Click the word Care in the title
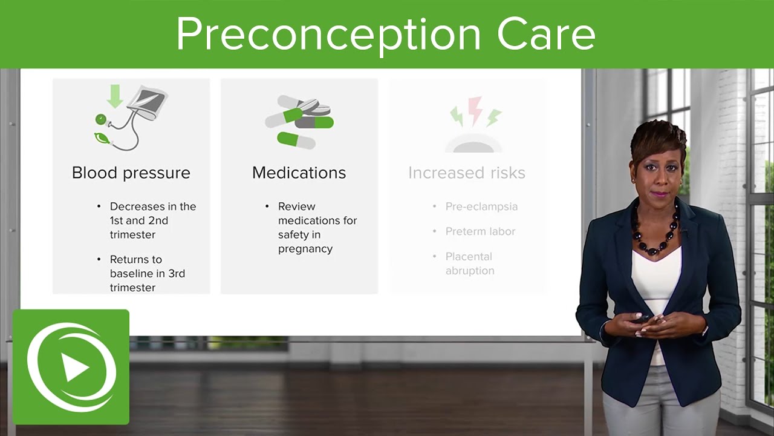coord(546,35)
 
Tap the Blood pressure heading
coord(131,173)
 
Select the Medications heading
coord(299,173)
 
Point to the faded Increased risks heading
coord(466,173)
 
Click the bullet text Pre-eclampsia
coord(481,206)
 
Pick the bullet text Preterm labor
coord(480,231)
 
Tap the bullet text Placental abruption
coord(470,263)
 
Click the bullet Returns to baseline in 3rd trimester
coord(147,273)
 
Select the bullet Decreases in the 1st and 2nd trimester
coord(152,220)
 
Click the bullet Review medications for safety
coord(317,228)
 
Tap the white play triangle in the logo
coord(75,368)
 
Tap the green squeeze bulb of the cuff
coord(101,139)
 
